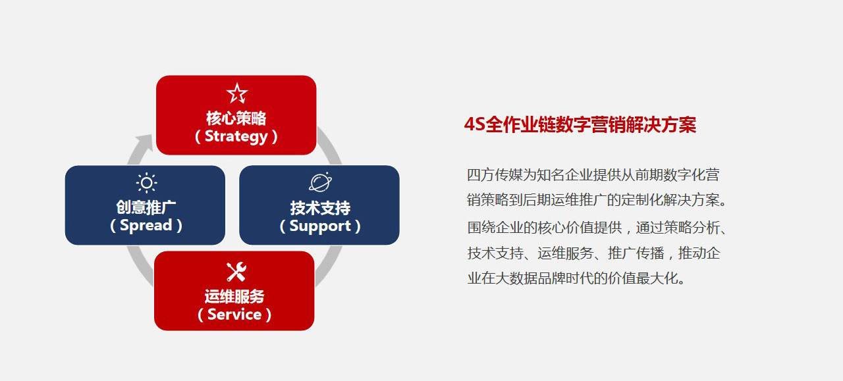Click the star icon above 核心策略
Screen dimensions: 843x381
pyautogui.click(x=237, y=93)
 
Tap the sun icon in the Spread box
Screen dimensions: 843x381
pyautogui.click(x=146, y=183)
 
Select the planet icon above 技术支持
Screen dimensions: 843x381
pyautogui.click(x=320, y=182)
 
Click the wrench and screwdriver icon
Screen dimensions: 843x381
pyautogui.click(x=236, y=272)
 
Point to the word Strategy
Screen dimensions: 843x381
pyautogui.click(x=236, y=137)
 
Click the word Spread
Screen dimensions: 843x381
pyautogui.click(x=146, y=226)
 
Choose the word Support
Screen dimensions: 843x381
pyautogui.click(x=320, y=226)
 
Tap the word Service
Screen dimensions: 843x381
pyautogui.click(x=234, y=315)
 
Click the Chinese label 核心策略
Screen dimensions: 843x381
pyautogui.click(x=236, y=118)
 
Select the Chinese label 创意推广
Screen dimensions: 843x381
pyautogui.click(x=146, y=207)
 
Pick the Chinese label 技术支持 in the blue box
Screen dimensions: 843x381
pyautogui.click(x=320, y=208)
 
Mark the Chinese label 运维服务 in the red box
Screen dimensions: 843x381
pyautogui.click(x=234, y=296)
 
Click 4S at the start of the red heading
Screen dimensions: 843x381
pyautogui.click(x=475, y=124)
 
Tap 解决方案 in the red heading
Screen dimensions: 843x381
pyautogui.click(x=661, y=124)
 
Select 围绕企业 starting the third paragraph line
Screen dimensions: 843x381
pyautogui.click(x=495, y=228)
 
